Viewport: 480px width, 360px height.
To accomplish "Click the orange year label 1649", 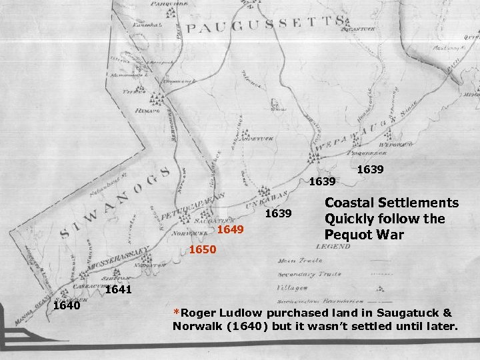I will (x=231, y=229).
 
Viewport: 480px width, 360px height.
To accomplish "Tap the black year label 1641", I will (x=119, y=290).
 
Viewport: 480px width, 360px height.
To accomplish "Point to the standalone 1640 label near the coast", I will (x=67, y=306).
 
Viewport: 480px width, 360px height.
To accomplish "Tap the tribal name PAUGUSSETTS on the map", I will (x=266, y=25).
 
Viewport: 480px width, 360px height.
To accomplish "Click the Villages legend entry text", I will (x=293, y=288).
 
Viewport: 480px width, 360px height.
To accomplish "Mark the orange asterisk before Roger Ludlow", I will (x=176, y=312).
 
